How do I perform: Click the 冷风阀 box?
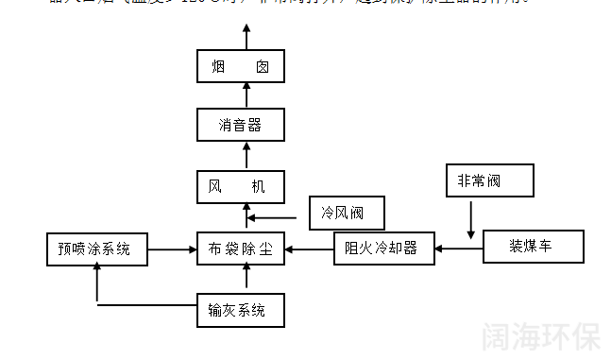tap(347, 214)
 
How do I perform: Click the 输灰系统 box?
tap(240, 309)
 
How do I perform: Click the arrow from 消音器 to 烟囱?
tap(246, 95)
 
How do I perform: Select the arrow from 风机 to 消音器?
tap(246, 154)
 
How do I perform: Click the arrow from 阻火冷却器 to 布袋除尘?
tap(309, 249)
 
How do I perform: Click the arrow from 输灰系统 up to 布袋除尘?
tap(246, 278)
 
